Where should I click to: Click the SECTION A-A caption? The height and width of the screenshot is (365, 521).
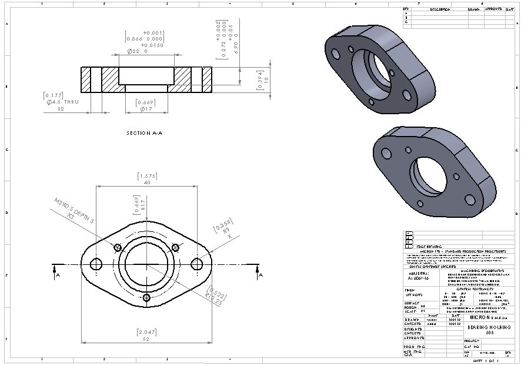click(x=144, y=133)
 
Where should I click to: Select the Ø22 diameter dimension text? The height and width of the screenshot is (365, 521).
click(x=137, y=51)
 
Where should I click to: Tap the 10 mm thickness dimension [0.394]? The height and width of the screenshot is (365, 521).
click(x=263, y=79)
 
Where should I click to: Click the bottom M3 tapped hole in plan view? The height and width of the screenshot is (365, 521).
click(x=145, y=298)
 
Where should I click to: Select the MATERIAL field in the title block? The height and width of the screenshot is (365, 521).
click(x=419, y=276)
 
